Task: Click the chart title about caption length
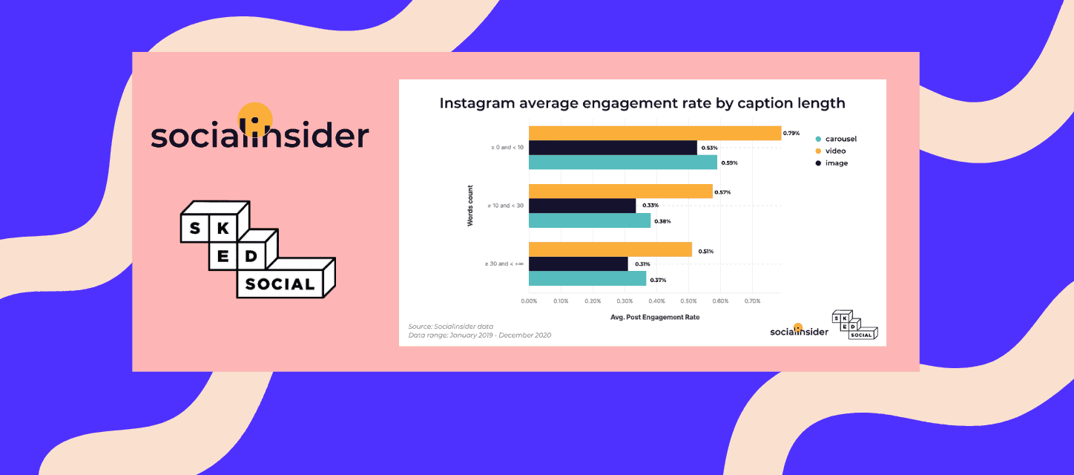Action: tap(642, 103)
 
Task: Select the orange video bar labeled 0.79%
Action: tap(654, 133)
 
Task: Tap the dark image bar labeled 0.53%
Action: tap(613, 148)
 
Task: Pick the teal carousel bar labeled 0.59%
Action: tap(622, 163)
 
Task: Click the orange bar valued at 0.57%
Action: tap(620, 191)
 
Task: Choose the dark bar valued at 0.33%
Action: tap(582, 206)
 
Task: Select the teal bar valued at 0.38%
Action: tap(589, 220)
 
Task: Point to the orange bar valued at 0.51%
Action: tap(610, 250)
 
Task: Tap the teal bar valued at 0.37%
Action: tap(587, 279)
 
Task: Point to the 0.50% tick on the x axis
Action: tap(688, 301)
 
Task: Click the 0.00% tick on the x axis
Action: tap(529, 301)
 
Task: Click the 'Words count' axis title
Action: tap(470, 205)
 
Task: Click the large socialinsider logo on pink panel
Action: tap(260, 131)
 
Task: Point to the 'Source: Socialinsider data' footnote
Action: tap(450, 326)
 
